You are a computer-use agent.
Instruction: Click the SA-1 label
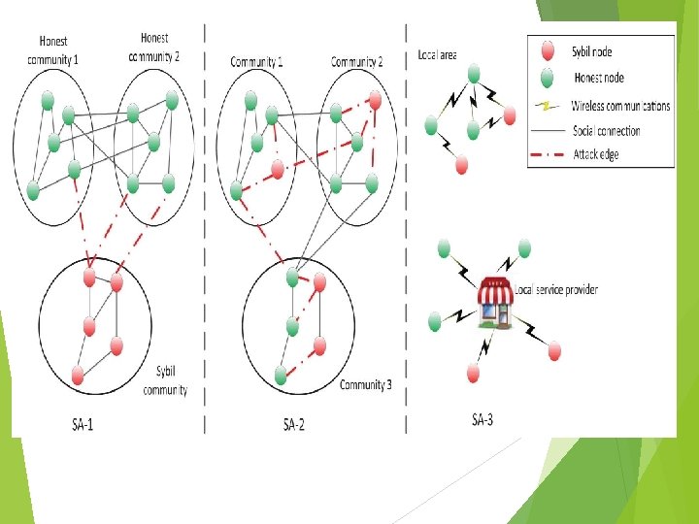point(83,423)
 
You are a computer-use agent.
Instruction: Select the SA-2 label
point(294,423)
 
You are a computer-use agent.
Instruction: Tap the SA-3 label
point(482,419)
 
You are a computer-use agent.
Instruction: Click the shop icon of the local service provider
point(496,301)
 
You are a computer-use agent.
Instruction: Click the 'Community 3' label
point(366,385)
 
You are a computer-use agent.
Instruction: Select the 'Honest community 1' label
point(53,50)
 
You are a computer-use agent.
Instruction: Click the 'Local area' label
point(437,55)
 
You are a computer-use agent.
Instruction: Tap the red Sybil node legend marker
point(548,50)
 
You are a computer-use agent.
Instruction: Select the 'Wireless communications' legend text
point(620,106)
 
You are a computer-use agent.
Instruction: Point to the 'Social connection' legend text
point(606,130)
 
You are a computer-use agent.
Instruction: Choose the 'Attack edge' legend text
point(595,154)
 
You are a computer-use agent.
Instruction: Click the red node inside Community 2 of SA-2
point(375,100)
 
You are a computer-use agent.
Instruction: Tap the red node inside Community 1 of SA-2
point(278,170)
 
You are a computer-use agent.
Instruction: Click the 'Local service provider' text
point(556,289)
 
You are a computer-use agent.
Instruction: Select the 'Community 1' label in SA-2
point(257,62)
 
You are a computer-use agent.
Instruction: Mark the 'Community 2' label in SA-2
point(356,62)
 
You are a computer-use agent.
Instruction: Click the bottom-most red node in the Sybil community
point(78,375)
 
